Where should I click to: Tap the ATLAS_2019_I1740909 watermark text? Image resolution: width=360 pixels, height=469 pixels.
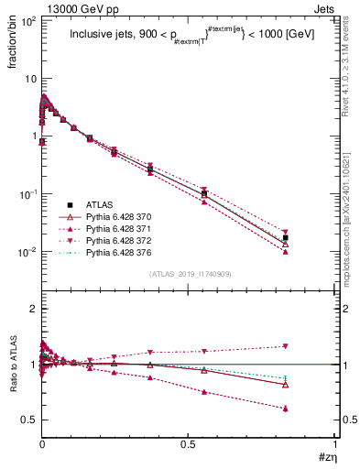click(x=190, y=274)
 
